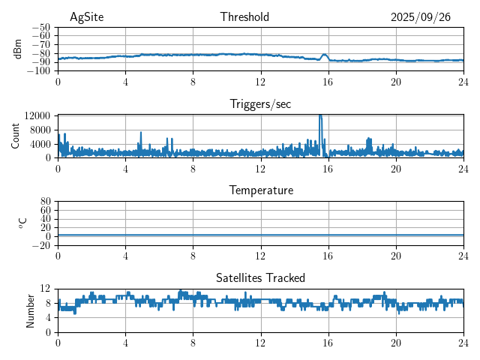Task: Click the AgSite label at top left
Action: pyautogui.click(x=86, y=17)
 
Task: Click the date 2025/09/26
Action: pyautogui.click(x=420, y=17)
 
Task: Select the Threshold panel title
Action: pyautogui.click(x=244, y=17)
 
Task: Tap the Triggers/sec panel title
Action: pyautogui.click(x=260, y=104)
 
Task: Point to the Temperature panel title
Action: pyautogui.click(x=260, y=190)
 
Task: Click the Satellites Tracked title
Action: pyautogui.click(x=260, y=277)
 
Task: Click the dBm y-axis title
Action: pyautogui.click(x=17, y=49)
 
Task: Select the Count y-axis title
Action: pyautogui.click(x=16, y=136)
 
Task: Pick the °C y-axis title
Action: pyautogui.click(x=22, y=223)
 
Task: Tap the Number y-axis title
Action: pyautogui.click(x=30, y=310)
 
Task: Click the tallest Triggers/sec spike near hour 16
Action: pyautogui.click(x=320, y=116)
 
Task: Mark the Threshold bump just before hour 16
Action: pyautogui.click(x=324, y=55)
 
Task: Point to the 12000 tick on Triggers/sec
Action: pyautogui.click(x=37, y=115)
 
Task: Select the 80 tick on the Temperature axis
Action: pyautogui.click(x=46, y=202)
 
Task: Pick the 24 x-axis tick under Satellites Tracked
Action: pyautogui.click(x=463, y=342)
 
